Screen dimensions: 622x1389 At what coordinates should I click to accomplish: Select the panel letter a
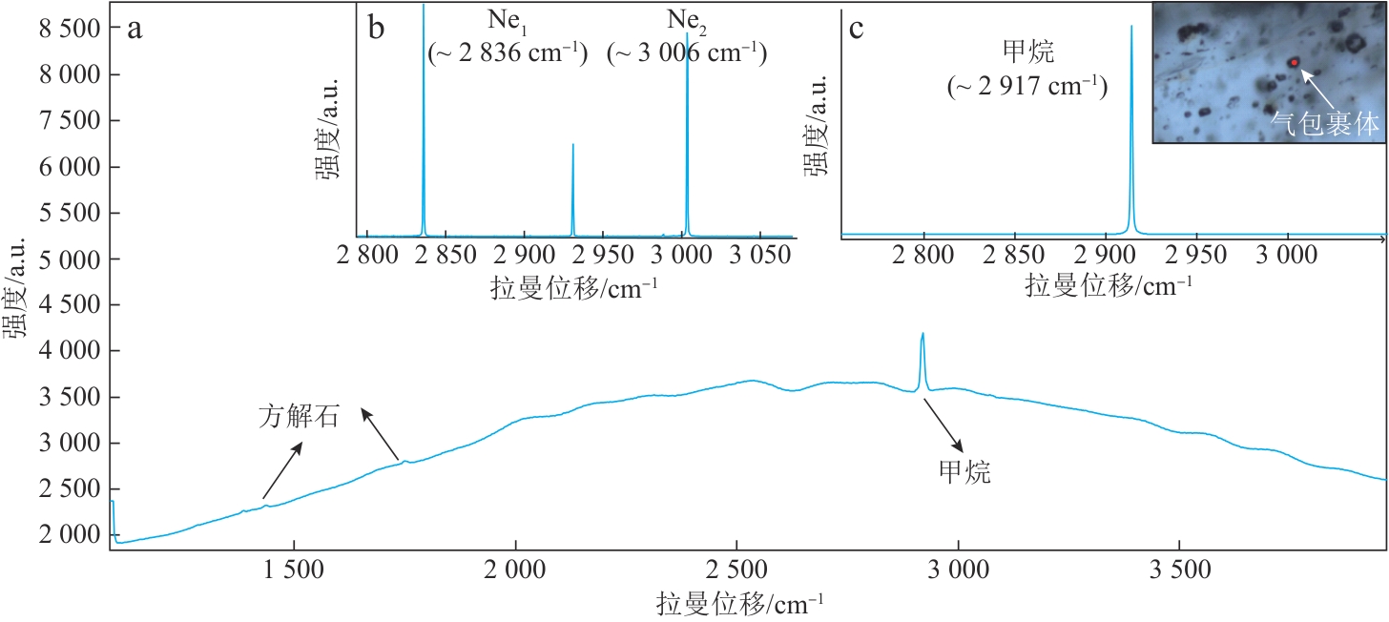coord(135,29)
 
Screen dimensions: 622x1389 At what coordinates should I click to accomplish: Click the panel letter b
coord(376,29)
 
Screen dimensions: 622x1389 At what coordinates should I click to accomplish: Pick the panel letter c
coord(856,29)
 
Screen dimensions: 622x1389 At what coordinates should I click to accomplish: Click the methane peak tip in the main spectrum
coord(923,334)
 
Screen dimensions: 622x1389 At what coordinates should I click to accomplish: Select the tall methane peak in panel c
coord(1131,29)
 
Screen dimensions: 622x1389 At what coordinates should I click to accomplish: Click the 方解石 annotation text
coord(299,417)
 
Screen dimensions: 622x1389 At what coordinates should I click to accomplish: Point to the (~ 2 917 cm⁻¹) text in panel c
coord(1026,88)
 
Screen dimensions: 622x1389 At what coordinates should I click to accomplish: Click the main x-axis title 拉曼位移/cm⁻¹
coord(740,603)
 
